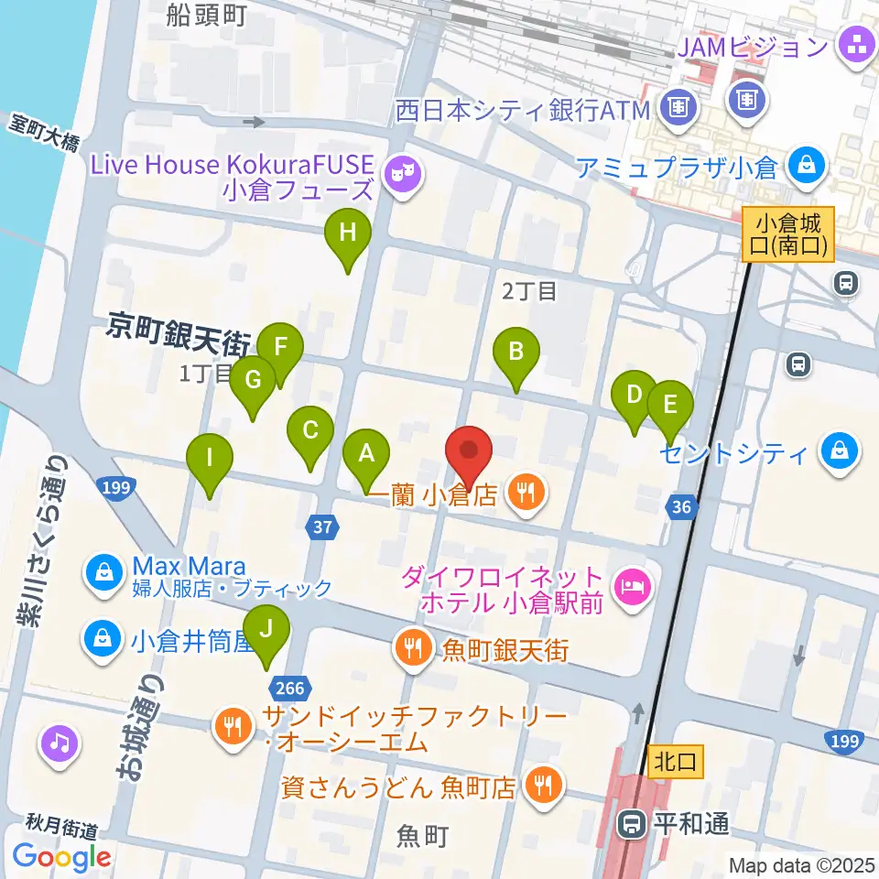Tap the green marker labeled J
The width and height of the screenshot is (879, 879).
click(266, 629)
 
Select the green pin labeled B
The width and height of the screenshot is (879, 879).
click(516, 352)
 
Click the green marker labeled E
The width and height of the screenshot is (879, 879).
click(670, 405)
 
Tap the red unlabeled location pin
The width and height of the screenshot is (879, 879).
click(469, 451)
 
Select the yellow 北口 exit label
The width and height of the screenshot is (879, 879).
click(677, 760)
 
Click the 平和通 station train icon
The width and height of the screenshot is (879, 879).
click(631, 824)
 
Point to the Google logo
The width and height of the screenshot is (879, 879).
click(62, 857)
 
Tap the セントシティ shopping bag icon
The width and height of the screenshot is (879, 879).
click(838, 451)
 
